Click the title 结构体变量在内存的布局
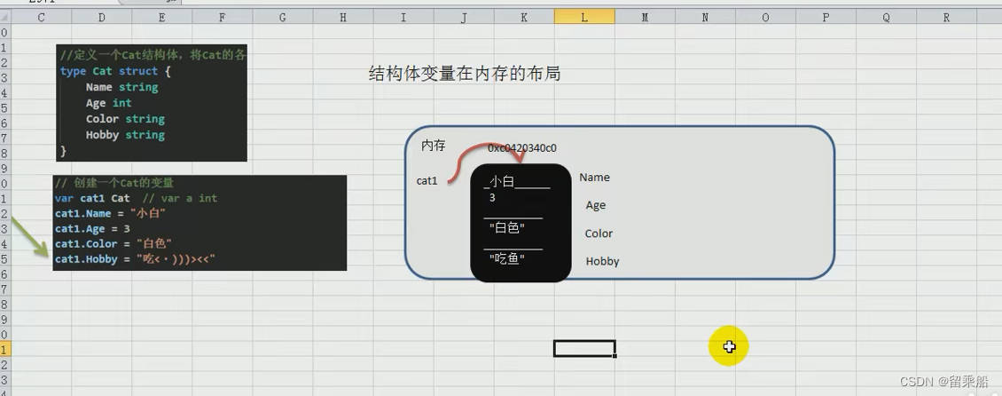pos(465,75)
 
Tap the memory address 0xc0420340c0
pos(522,148)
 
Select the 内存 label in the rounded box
pos(434,146)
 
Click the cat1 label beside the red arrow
pos(427,181)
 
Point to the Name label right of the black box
pos(594,178)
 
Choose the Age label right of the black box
pos(596,205)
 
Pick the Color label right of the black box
pos(599,234)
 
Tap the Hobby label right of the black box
pos(602,262)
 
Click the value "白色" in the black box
pos(507,228)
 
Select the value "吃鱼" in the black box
pos(507,258)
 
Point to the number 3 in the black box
pos(492,198)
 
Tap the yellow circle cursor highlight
pos(729,346)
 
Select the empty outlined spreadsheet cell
pos(584,348)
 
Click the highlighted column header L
pos(584,17)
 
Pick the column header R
pos(946,17)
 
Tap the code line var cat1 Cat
pos(92,198)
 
